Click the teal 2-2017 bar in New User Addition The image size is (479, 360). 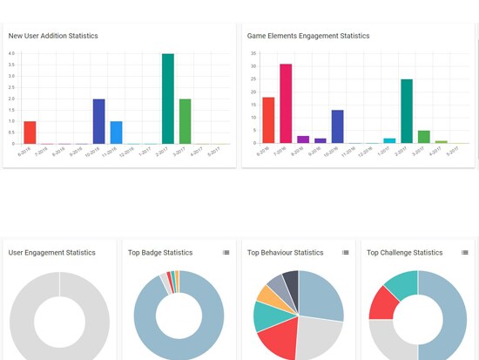[x=168, y=98]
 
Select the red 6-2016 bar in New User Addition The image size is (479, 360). [x=30, y=132]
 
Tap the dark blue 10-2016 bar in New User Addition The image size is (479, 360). [x=99, y=121]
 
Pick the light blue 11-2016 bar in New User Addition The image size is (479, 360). [x=117, y=132]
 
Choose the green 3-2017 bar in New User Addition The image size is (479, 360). [x=186, y=121]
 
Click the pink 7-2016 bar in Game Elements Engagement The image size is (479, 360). [x=286, y=103]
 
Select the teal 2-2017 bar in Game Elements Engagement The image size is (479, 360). [x=407, y=111]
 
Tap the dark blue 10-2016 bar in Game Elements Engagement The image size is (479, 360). [x=338, y=126]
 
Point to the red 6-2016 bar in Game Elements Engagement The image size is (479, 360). [x=268, y=120]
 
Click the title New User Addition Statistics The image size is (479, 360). [x=53, y=36]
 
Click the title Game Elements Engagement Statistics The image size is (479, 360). [x=308, y=36]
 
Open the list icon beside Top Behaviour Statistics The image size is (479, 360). [x=346, y=253]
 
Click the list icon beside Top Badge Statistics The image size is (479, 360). [x=226, y=253]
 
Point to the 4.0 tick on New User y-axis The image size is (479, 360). [x=11, y=53]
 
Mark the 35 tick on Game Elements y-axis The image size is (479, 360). [x=253, y=53]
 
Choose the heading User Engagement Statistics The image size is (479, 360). [x=51, y=253]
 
